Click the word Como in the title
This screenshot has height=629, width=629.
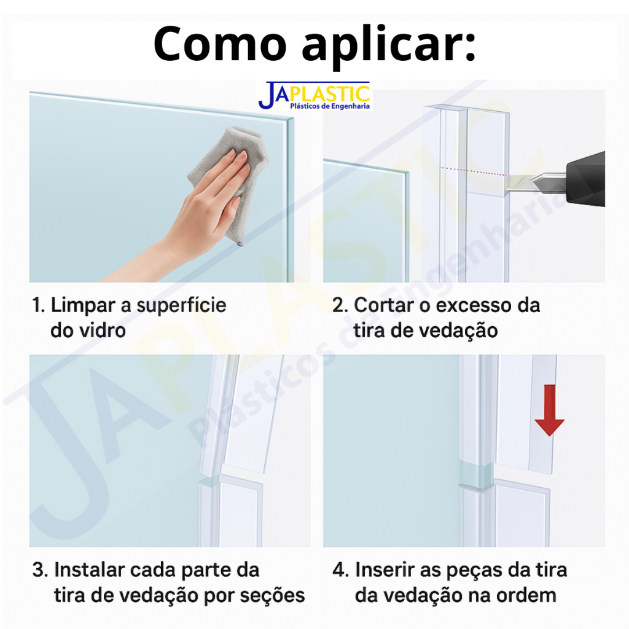tap(220, 44)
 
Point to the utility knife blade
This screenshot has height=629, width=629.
tap(534, 183)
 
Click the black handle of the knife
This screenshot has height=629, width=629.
tap(585, 179)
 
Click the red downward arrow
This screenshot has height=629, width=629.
tap(550, 410)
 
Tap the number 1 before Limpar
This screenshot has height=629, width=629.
tap(37, 305)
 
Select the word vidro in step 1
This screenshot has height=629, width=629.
tap(103, 330)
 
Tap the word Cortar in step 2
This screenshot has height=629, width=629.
tap(384, 305)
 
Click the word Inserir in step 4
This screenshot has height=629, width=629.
tap(385, 570)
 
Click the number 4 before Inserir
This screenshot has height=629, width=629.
tap(338, 570)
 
